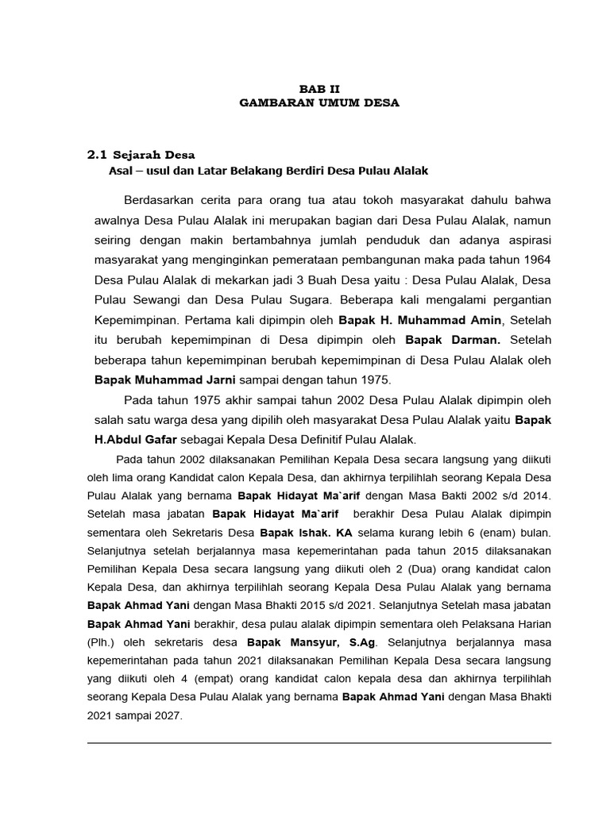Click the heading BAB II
click(319, 89)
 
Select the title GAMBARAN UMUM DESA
click(319, 103)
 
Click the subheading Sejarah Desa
click(154, 154)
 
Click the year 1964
click(535, 260)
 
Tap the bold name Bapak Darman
click(442, 340)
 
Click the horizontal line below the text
click(319, 743)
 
